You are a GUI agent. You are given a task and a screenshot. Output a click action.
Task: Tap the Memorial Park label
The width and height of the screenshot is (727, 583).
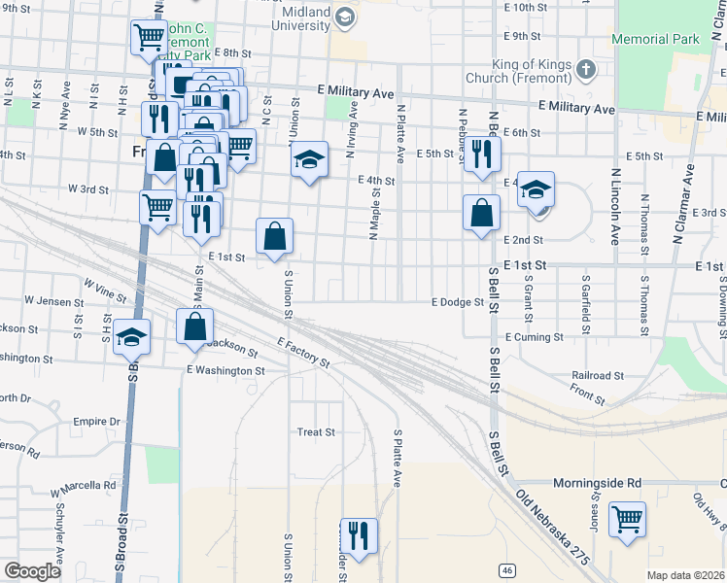coord(656,40)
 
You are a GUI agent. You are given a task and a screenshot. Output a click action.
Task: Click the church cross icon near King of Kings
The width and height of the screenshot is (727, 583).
coord(585,70)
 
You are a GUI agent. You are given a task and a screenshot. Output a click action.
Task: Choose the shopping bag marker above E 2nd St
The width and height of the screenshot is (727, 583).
coord(482,213)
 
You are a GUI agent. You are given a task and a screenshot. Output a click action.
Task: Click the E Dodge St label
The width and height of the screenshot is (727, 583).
coord(459,302)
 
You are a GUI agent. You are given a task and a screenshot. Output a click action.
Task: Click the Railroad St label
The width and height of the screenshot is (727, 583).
coord(597,375)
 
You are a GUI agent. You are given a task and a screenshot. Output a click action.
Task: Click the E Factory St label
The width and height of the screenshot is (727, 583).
coord(303,353)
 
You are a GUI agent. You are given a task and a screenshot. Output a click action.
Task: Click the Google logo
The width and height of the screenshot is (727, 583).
coord(33,571)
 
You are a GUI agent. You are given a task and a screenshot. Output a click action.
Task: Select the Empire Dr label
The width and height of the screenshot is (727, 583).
coord(96,422)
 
